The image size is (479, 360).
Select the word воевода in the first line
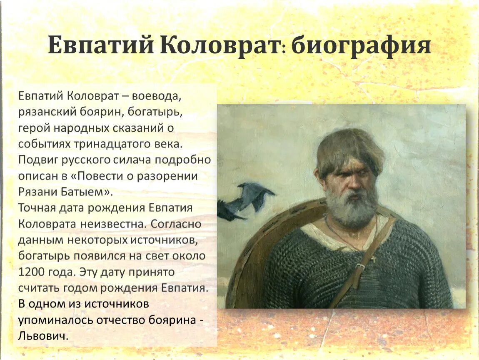click(157, 96)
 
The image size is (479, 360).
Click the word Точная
click(38, 208)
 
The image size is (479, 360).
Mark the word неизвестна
click(110, 224)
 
